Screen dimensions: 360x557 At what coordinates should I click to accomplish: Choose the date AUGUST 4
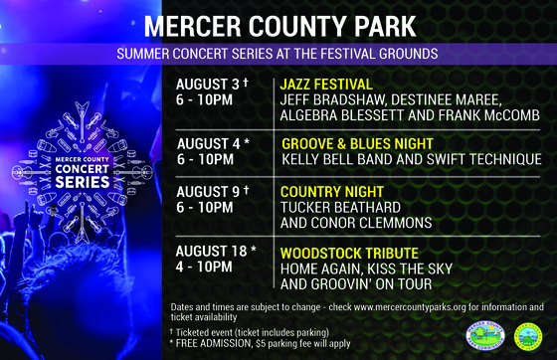(207, 143)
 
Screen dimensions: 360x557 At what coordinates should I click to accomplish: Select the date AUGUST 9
(207, 191)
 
